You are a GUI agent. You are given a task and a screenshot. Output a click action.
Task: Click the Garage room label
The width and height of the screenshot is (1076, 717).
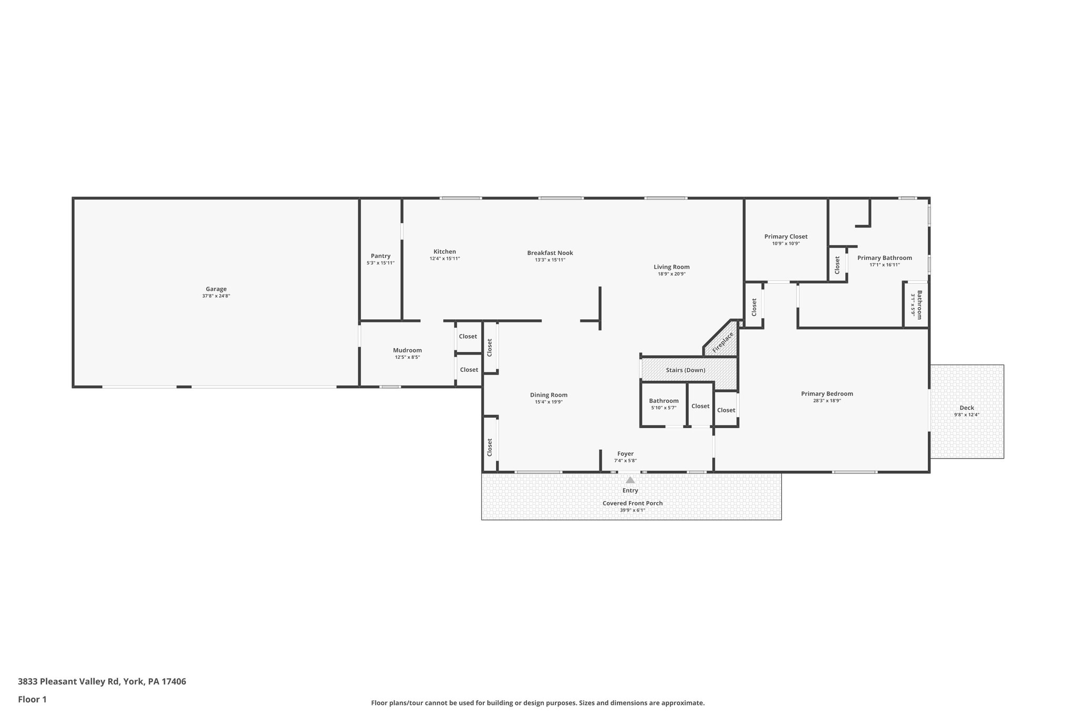(216, 289)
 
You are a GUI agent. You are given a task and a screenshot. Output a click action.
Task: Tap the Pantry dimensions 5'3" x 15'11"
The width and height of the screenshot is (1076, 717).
(380, 263)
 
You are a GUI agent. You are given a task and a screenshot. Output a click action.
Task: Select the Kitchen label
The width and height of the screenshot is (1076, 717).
(444, 252)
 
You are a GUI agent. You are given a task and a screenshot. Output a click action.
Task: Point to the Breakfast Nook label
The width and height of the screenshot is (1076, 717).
(550, 253)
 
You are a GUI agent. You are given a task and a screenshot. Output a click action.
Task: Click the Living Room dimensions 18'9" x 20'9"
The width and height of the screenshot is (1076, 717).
(671, 274)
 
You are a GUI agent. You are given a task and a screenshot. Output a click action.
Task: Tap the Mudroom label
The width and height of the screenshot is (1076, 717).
(407, 350)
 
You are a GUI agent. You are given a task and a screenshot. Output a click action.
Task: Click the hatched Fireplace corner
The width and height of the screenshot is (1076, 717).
(723, 342)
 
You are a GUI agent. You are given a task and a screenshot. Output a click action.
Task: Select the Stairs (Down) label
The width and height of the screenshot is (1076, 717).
(685, 370)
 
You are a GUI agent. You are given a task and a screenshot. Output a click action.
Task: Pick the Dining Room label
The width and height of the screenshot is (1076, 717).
(549, 395)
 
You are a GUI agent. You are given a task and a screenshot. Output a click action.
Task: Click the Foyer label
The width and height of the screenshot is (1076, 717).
(625, 454)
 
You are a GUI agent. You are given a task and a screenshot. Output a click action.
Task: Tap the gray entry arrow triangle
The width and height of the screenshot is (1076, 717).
(630, 480)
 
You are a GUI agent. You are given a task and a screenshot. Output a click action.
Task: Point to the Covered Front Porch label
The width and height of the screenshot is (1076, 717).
(632, 503)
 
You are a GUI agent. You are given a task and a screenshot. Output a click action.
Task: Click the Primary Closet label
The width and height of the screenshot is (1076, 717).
(785, 236)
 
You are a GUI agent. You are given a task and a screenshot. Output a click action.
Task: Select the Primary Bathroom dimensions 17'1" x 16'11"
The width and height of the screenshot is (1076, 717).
(885, 265)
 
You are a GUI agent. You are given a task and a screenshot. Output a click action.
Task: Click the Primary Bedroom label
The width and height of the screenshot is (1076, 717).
(827, 393)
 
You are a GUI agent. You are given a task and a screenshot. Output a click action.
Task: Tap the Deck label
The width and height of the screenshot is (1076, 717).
(967, 408)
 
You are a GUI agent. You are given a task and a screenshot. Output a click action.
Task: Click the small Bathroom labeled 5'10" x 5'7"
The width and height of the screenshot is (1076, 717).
(664, 401)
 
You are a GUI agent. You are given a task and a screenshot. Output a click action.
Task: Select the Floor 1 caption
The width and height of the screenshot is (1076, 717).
(33, 699)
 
